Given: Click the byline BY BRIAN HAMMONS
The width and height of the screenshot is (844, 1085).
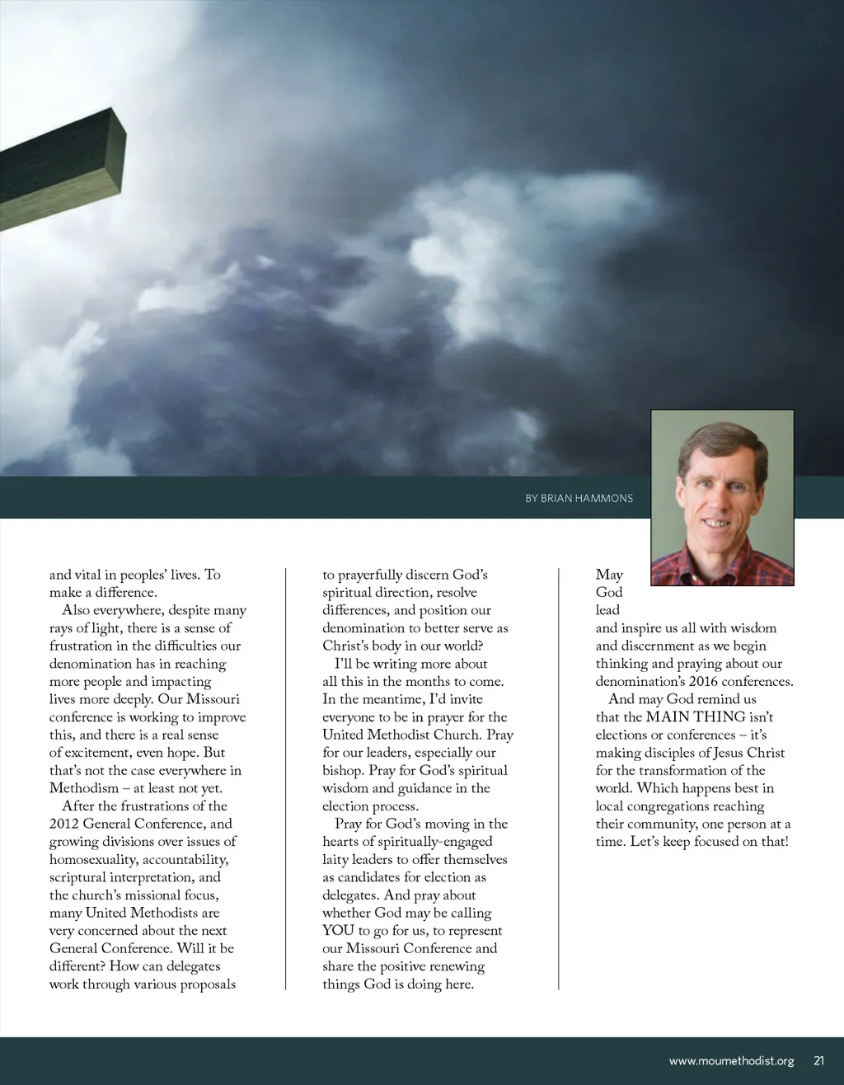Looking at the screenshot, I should [x=579, y=499].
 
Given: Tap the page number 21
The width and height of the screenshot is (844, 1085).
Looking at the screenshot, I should [x=818, y=1061].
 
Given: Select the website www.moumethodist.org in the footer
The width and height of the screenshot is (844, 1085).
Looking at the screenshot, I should [x=731, y=1061].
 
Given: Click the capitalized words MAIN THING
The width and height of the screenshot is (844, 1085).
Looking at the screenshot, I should [x=696, y=717].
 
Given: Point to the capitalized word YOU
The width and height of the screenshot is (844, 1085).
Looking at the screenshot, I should [x=338, y=931].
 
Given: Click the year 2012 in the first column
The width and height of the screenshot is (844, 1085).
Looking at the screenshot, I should [x=63, y=824].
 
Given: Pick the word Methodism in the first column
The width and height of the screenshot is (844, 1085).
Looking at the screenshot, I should [x=84, y=788].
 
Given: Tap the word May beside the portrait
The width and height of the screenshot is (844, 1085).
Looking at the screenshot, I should [x=609, y=575].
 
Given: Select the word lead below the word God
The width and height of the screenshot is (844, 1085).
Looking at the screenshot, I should [x=607, y=610].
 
